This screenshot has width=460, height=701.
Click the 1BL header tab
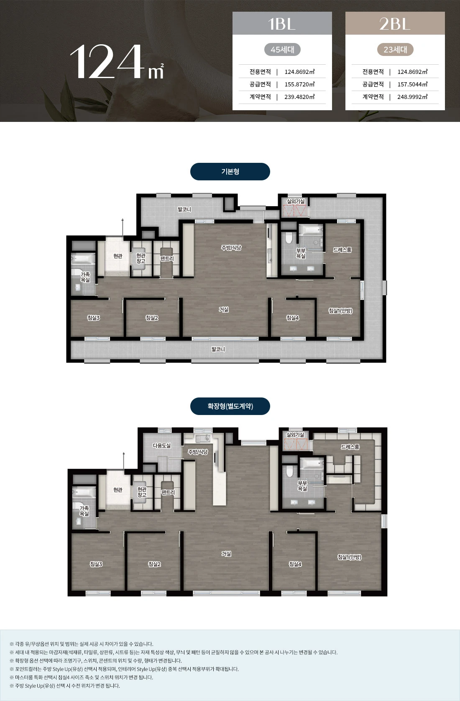click(x=282, y=23)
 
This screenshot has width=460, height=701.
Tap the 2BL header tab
click(x=395, y=23)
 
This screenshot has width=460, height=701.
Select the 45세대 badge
click(x=282, y=49)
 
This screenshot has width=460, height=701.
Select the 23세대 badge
click(x=395, y=49)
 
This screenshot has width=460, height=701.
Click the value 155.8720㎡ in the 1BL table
click(x=299, y=84)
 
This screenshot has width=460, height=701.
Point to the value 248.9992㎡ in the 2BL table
click(x=412, y=97)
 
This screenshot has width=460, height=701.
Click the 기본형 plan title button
click(x=230, y=172)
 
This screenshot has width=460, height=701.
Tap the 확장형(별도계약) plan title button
click(x=230, y=406)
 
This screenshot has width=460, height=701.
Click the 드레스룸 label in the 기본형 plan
click(x=342, y=250)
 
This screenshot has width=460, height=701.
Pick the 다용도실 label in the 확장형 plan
click(x=162, y=445)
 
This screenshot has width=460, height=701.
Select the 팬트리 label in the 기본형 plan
click(x=167, y=258)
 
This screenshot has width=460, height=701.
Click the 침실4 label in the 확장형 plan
click(x=295, y=564)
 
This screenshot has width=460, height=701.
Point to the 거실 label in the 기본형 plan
click(x=224, y=309)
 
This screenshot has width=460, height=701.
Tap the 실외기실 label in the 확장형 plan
click(x=295, y=435)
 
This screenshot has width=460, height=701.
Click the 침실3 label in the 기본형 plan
click(x=93, y=318)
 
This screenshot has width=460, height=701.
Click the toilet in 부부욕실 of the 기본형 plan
click(x=289, y=238)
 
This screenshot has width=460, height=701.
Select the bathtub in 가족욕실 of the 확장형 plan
click(x=84, y=492)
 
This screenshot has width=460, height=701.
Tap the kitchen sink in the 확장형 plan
click(x=203, y=439)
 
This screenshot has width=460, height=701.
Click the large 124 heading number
click(x=107, y=61)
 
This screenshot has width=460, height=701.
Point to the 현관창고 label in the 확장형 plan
click(x=142, y=492)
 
